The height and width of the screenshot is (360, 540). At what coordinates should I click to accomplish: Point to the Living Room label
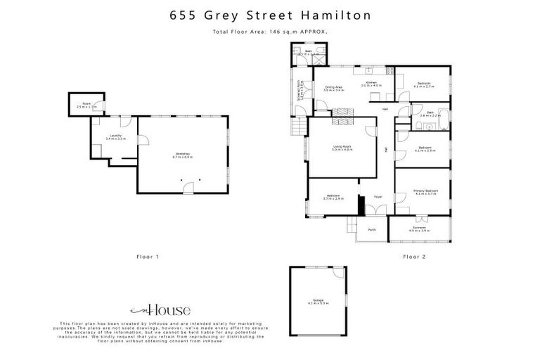342,146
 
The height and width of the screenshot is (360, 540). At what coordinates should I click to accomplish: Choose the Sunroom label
418,229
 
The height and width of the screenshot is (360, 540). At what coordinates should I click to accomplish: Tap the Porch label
372,229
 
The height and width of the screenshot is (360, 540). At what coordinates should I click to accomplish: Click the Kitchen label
372,83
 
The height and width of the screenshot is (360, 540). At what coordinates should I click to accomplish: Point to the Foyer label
378,197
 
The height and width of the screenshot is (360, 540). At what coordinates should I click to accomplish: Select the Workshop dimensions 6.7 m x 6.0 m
183,157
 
